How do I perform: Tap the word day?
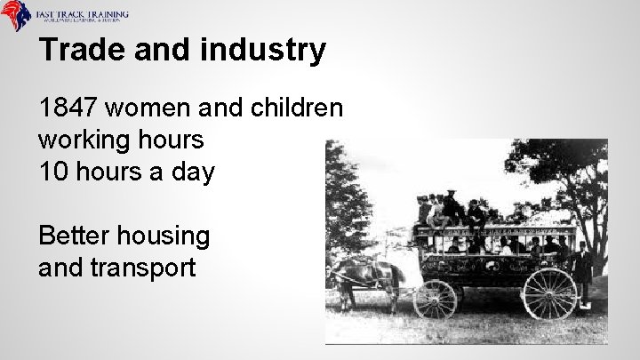coord(191,172)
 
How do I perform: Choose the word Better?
coord(76,236)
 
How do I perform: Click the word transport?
coord(146,267)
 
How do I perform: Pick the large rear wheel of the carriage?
coord(548,292)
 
